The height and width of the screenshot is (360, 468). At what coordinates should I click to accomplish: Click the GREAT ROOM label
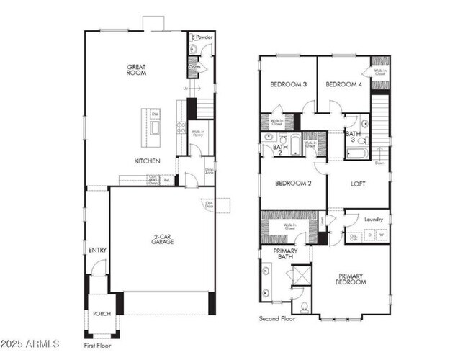click(137, 69)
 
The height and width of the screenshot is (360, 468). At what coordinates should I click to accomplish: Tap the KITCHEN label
click(147, 161)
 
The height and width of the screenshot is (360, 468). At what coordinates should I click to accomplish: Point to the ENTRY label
click(97, 250)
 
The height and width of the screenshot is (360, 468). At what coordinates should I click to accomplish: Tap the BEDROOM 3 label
click(288, 84)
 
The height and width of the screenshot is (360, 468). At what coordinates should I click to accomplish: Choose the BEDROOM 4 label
click(343, 84)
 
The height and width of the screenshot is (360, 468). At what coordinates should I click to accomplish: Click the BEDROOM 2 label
click(292, 184)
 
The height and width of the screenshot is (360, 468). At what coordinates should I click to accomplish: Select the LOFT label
click(359, 184)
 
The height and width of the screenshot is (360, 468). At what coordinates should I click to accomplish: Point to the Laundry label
click(373, 219)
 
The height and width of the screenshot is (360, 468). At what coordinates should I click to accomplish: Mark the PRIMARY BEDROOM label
click(351, 279)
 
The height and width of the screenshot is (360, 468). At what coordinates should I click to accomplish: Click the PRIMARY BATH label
click(285, 254)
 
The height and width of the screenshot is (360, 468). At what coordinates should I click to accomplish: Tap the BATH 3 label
click(353, 137)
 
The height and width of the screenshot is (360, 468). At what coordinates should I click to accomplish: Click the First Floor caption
click(98, 346)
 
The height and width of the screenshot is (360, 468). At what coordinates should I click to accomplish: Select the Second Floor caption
click(277, 318)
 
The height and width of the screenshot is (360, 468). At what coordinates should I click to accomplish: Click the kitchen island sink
click(155, 128)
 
